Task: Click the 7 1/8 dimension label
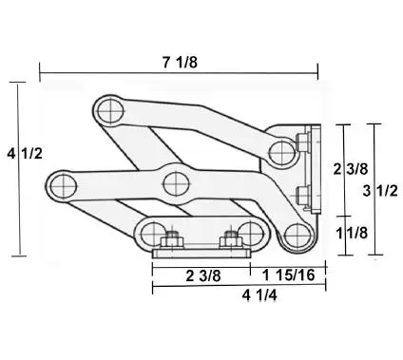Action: [180, 62]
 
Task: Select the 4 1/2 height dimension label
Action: [25, 154]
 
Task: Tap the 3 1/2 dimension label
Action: [380, 191]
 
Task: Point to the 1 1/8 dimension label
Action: [352, 233]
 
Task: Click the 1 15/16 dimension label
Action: [289, 275]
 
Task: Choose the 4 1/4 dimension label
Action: [259, 295]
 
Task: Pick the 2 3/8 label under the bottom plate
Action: [203, 275]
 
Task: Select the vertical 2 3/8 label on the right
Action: [351, 169]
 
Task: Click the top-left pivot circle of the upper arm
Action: [110, 111]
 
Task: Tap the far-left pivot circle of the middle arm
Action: [64, 186]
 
